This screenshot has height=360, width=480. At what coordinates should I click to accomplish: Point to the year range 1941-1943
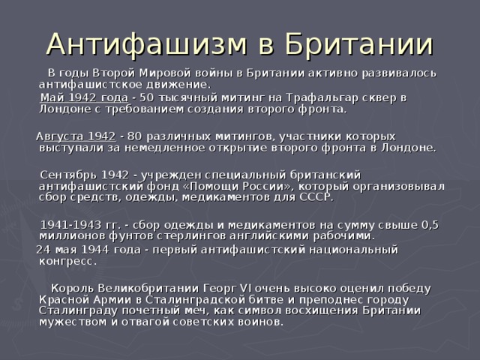pyautogui.click(x=71, y=224)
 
